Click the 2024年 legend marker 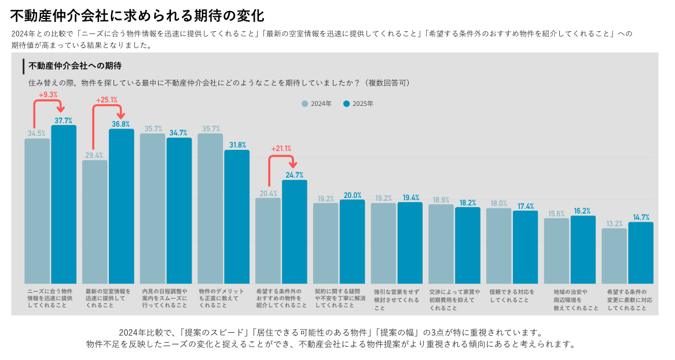click(x=305, y=104)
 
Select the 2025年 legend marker click(x=347, y=104)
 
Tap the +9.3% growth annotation click(x=48, y=94)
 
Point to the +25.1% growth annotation click(x=107, y=100)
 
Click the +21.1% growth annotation click(x=281, y=148)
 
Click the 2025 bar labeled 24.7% click(x=295, y=232)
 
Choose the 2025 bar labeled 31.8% click(x=237, y=216)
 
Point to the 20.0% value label click(x=352, y=196)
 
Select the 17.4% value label click(x=526, y=206)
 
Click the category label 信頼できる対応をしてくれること click(x=512, y=296)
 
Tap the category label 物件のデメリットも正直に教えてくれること click(x=222, y=298)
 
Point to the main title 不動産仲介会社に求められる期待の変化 click(x=137, y=14)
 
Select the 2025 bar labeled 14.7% click(x=641, y=253)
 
